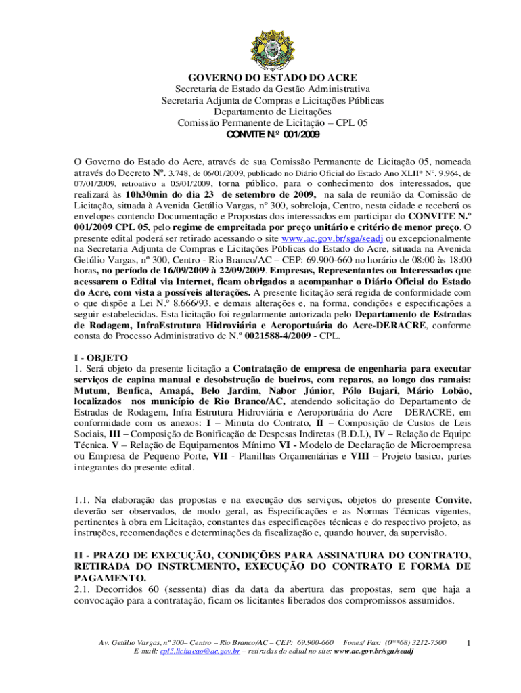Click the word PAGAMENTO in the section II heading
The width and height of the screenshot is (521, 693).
coord(108,579)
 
